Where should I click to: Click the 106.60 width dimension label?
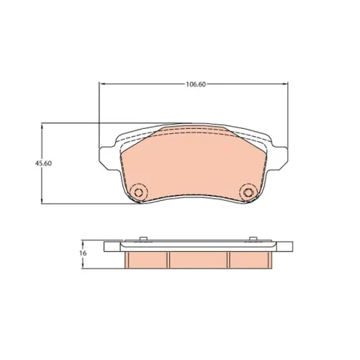click(x=196, y=84)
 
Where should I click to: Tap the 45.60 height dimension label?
click(x=43, y=163)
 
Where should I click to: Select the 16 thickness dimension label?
click(x=84, y=253)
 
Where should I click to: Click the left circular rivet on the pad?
click(x=138, y=192)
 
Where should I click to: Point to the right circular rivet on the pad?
click(x=248, y=192)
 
